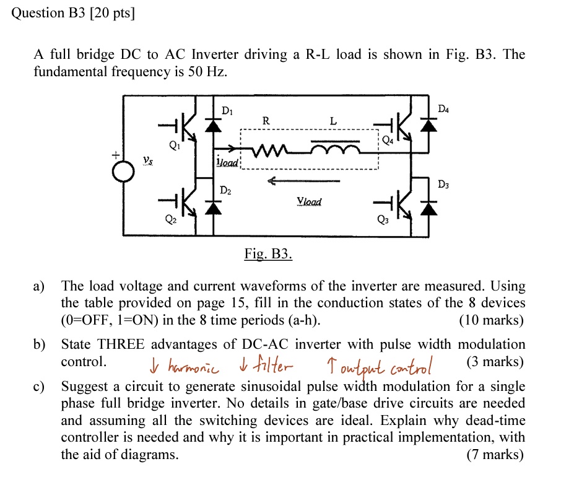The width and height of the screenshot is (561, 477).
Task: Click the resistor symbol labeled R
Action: pos(266,149)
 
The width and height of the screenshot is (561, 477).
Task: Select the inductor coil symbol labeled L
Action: pos(334,149)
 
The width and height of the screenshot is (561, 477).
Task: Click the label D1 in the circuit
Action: pos(227,111)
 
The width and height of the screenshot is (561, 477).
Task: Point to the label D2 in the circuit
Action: pos(226,190)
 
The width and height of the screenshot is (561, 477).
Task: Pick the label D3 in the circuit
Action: pos(443,184)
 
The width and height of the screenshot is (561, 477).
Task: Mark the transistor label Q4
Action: pos(387,140)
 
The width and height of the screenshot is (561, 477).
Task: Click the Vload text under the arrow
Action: pos(309,202)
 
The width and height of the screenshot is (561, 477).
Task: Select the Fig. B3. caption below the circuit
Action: pos(267,254)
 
